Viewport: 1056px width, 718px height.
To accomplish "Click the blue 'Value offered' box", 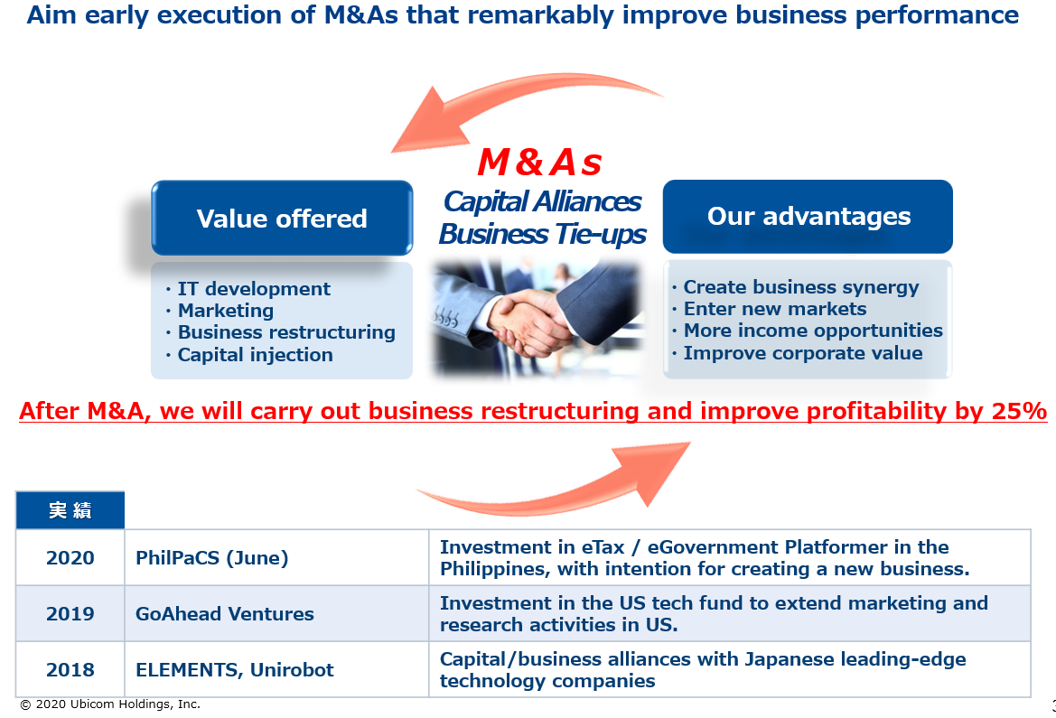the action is tap(282, 218).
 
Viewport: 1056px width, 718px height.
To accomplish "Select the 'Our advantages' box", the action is tap(808, 216).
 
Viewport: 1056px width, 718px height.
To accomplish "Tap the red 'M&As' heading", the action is tap(539, 163).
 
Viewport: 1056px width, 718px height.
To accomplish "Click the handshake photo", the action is tap(537, 317).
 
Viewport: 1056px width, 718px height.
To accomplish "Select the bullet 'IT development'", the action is tap(248, 289).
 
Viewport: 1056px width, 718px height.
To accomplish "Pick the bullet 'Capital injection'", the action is tap(249, 355).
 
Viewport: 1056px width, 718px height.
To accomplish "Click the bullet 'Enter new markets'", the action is tap(769, 309).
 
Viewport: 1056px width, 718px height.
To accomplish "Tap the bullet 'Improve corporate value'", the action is tap(798, 353).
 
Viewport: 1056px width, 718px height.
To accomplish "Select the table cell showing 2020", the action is tap(70, 558).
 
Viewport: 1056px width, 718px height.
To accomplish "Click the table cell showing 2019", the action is tap(70, 613).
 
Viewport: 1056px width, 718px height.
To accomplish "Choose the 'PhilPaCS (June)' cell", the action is tap(276, 558).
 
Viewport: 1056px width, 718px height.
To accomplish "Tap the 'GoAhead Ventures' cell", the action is tap(276, 613).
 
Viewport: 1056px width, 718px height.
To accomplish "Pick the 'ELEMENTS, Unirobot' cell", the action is tap(276, 669).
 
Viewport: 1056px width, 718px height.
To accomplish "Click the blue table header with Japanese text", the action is tap(70, 510).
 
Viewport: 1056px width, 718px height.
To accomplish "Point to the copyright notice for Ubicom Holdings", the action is tap(110, 704).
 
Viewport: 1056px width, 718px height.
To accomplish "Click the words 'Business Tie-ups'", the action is tap(542, 235).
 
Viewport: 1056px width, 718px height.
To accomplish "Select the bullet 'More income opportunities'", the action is tap(808, 331).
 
